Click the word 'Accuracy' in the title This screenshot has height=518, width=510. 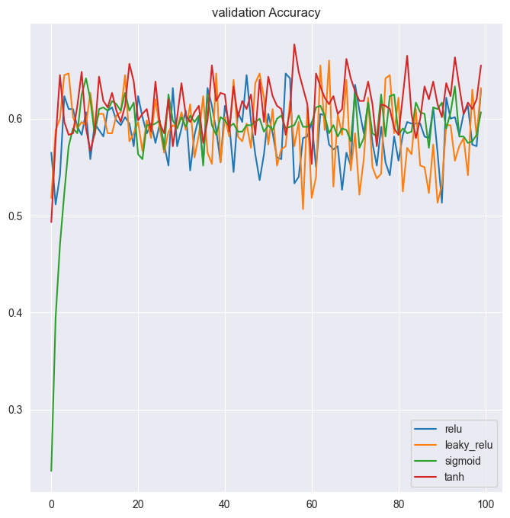pos(292,12)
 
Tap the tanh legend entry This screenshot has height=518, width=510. pos(454,477)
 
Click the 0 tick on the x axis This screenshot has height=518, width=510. pos(51,504)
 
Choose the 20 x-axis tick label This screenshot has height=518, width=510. pos(138,504)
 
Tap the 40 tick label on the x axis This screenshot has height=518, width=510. pos(225,504)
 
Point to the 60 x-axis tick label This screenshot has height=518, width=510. pos(312,504)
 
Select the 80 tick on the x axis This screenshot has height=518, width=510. pos(399,504)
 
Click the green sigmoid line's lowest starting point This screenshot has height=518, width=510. pos(51,471)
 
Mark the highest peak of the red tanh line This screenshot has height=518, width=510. pos(294,44)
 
